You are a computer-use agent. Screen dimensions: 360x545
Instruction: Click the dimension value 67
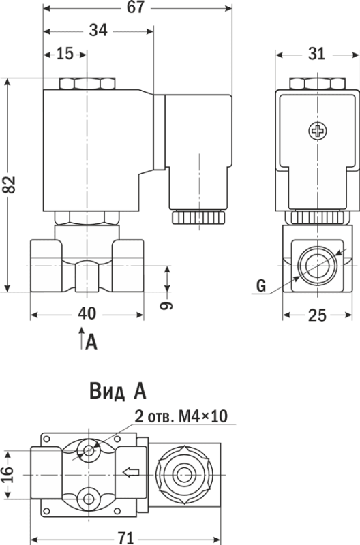135,7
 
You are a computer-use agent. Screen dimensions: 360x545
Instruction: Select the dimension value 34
98,31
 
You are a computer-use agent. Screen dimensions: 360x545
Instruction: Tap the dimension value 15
65,54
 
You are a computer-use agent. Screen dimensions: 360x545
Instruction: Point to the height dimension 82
10,185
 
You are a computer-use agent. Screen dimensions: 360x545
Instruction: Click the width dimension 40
87,314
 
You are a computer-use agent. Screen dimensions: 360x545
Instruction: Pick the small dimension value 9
166,305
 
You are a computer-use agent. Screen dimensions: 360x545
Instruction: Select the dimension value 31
316,54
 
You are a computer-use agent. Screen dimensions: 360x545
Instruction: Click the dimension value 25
317,315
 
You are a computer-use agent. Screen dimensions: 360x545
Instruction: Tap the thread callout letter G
261,285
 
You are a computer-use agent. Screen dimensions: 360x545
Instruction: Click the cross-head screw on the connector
318,131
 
